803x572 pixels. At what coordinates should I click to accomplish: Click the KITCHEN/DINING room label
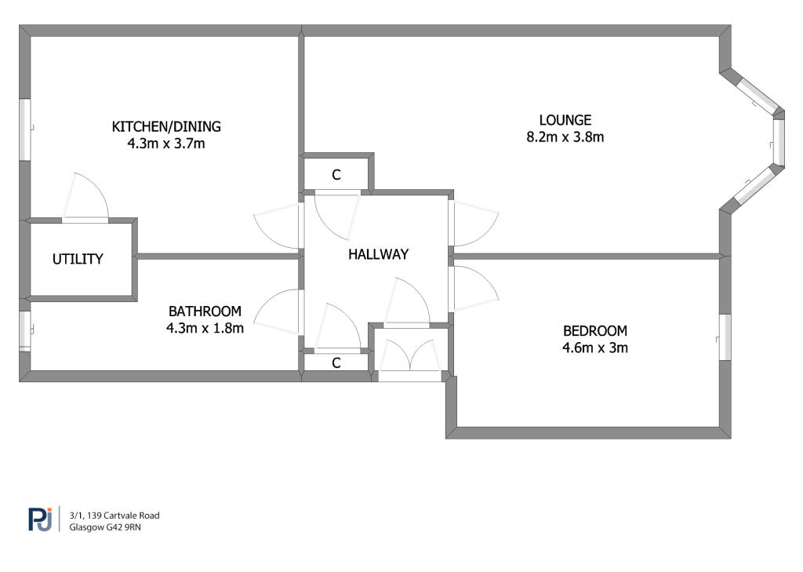(166, 126)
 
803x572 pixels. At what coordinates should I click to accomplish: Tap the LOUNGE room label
(565, 120)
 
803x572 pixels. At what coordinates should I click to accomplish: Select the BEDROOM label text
(595, 330)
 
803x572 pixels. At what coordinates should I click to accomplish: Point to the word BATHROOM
(205, 312)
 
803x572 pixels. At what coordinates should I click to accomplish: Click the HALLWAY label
(379, 254)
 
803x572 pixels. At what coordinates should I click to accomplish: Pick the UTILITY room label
(78, 259)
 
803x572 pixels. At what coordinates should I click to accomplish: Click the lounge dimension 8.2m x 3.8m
(565, 137)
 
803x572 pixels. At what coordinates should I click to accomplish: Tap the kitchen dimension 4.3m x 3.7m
(166, 144)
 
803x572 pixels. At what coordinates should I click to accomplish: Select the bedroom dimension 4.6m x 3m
(595, 348)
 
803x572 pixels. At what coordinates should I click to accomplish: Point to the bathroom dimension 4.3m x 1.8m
(205, 328)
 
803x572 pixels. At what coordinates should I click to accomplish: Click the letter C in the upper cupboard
(336, 175)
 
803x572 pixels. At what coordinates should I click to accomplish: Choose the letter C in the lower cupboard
(336, 363)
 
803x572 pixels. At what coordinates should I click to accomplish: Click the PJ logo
(41, 519)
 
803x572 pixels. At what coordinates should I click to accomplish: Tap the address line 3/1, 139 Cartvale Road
(114, 516)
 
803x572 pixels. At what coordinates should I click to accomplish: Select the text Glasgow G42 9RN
(106, 527)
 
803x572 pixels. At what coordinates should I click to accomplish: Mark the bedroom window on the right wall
(725, 337)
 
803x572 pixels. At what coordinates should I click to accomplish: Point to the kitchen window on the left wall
(25, 129)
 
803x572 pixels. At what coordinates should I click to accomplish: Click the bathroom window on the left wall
(25, 332)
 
